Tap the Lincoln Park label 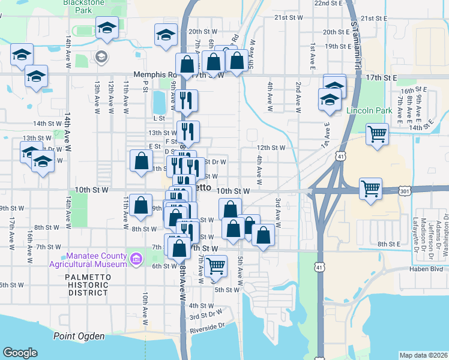click(369, 110)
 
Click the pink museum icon click(136, 259)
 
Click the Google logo click(20, 353)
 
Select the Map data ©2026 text click(423, 355)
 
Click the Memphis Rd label click(153, 75)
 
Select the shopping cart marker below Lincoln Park click(378, 134)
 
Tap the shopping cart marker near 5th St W click(215, 265)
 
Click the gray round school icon click(100, 57)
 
